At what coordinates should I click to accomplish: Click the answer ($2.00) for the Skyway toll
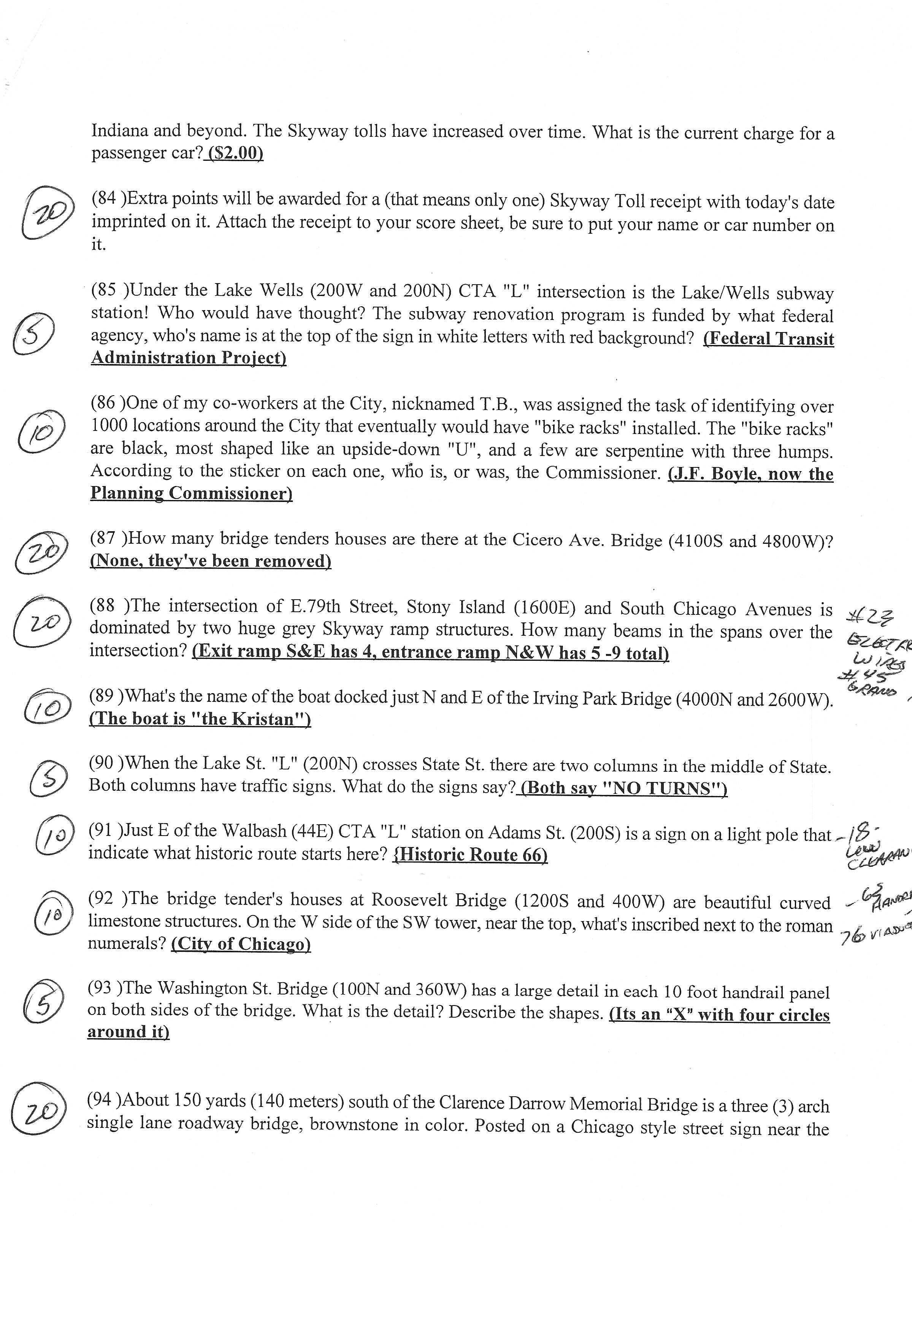click(235, 154)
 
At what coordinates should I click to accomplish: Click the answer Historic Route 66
click(470, 855)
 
